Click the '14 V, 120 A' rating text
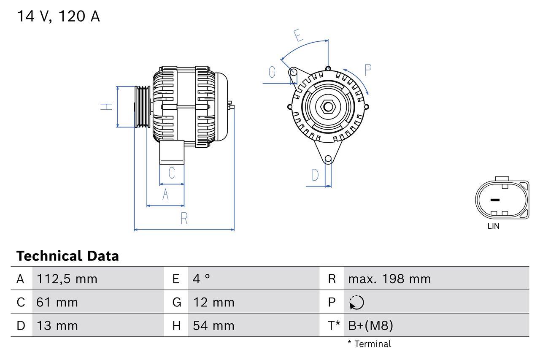pyautogui.click(x=58, y=16)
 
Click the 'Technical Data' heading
pyautogui.click(x=67, y=256)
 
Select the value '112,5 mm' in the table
pyautogui.click(x=67, y=279)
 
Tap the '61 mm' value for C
pyautogui.click(x=57, y=302)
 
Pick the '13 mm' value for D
pyautogui.click(x=57, y=325)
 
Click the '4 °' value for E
pyautogui.click(x=201, y=279)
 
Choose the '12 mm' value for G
pyautogui.click(x=213, y=302)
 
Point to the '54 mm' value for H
pyautogui.click(x=213, y=325)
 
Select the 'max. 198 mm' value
pyautogui.click(x=389, y=279)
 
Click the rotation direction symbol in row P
pyautogui.click(x=356, y=302)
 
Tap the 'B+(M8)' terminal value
pyautogui.click(x=370, y=325)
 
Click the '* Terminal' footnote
pyautogui.click(x=369, y=344)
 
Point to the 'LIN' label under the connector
pyautogui.click(x=493, y=226)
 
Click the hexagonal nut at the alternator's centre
pyautogui.click(x=328, y=106)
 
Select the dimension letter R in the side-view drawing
pyautogui.click(x=184, y=219)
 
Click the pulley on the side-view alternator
pyautogui.click(x=142, y=106)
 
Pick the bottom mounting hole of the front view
pyautogui.click(x=328, y=159)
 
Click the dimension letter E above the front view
pyautogui.click(x=298, y=35)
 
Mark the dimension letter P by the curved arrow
pyautogui.click(x=367, y=70)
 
